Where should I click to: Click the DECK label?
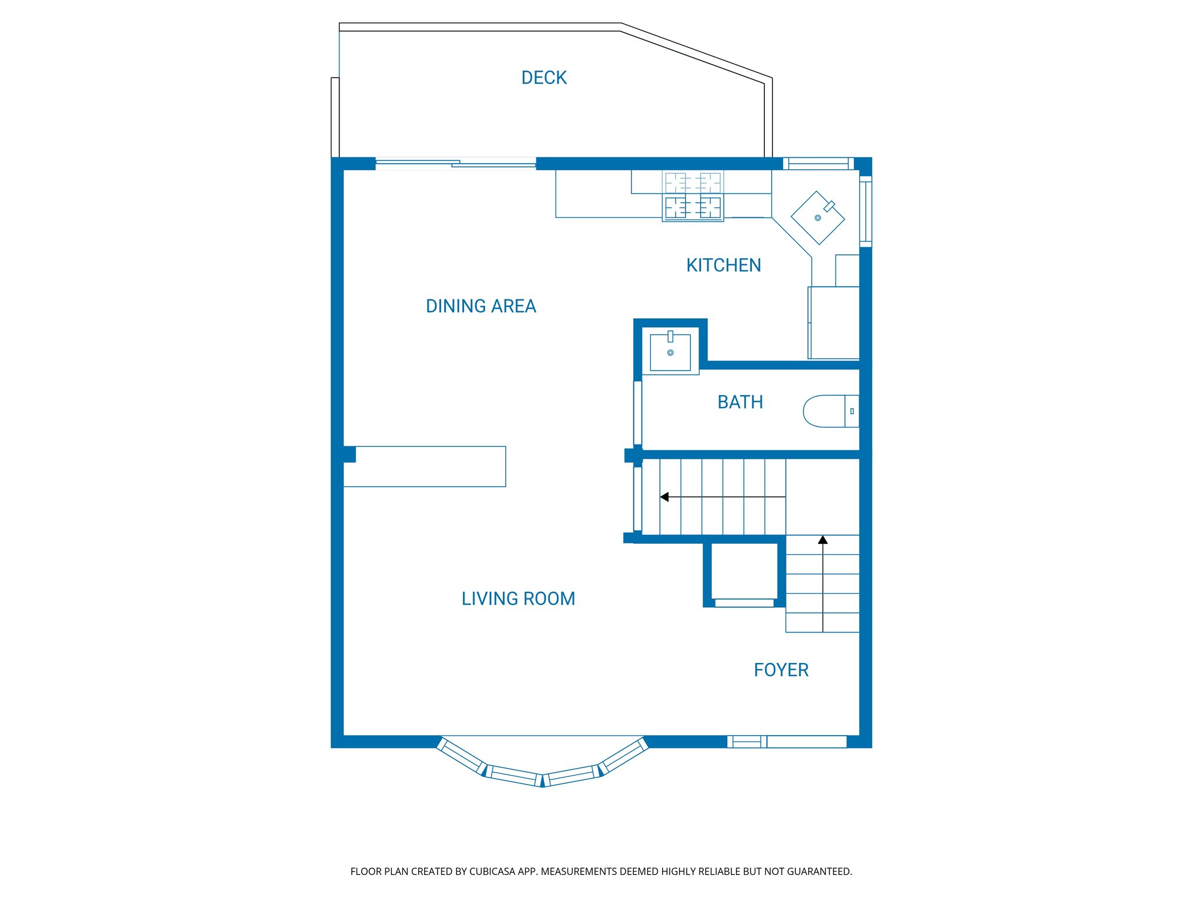click(544, 78)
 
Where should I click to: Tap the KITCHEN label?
click(723, 265)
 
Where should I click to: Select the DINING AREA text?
click(480, 306)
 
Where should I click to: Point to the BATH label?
click(740, 402)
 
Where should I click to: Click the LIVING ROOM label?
click(518, 598)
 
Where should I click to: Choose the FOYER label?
click(781, 670)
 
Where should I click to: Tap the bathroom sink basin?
click(670, 352)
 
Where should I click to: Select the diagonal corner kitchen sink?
click(818, 218)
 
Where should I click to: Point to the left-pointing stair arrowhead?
click(664, 497)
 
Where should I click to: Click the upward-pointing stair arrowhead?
click(823, 540)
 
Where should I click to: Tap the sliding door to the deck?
click(455, 164)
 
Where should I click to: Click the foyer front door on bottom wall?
click(787, 742)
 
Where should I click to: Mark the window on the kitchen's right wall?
click(865, 211)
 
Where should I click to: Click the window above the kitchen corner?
click(818, 163)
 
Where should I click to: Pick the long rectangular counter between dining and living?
click(424, 466)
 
